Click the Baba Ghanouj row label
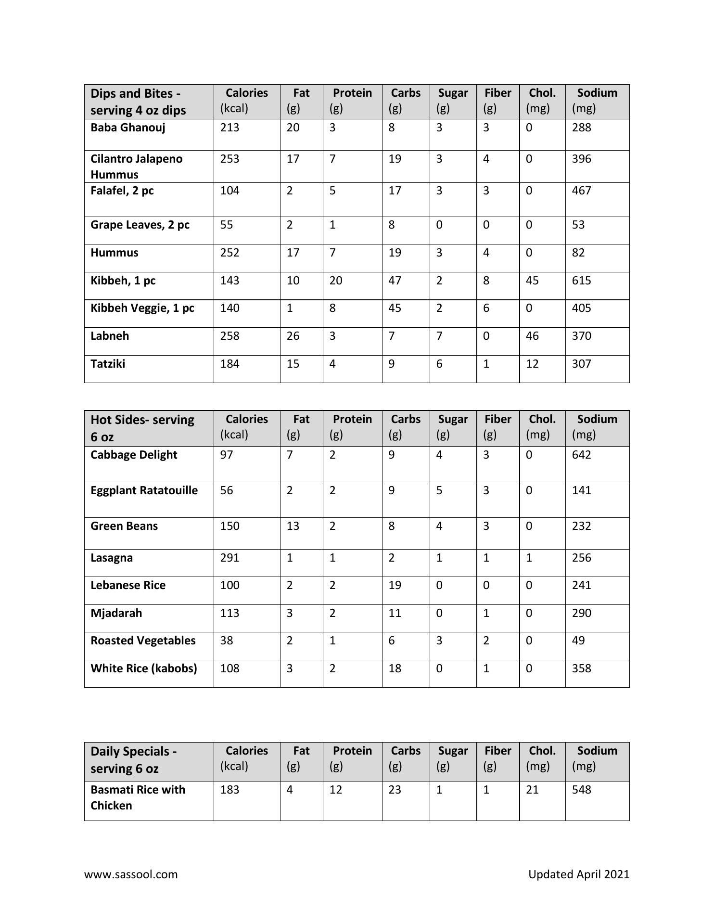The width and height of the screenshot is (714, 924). [x=127, y=128]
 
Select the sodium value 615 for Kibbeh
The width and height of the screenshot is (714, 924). [x=581, y=281]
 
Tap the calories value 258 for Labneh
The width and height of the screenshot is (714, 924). [x=229, y=336]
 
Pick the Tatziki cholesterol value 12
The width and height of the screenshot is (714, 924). [x=532, y=364]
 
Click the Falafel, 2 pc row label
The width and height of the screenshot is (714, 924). [x=122, y=191]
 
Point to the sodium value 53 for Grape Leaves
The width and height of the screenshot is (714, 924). [x=578, y=225]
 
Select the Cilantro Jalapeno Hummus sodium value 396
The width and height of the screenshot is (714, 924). [x=581, y=159]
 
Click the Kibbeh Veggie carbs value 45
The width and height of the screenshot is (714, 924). [x=395, y=308]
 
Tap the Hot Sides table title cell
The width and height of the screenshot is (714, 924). [x=142, y=428]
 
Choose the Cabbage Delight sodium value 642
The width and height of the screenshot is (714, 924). [x=581, y=455]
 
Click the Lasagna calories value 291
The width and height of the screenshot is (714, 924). [x=229, y=558]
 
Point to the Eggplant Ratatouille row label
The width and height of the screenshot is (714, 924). [x=144, y=490]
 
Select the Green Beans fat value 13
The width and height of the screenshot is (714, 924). [x=293, y=526]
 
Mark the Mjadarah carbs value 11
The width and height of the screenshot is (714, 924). [x=395, y=613]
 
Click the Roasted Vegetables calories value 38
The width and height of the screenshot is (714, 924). [x=227, y=641]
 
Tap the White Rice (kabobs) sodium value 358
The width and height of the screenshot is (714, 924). [x=581, y=668]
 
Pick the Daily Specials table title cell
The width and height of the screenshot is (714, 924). [x=133, y=759]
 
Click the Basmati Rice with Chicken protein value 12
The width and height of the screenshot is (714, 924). [x=335, y=790]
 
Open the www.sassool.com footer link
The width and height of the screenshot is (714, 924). [x=131, y=874]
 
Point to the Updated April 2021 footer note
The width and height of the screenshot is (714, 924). [x=578, y=874]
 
